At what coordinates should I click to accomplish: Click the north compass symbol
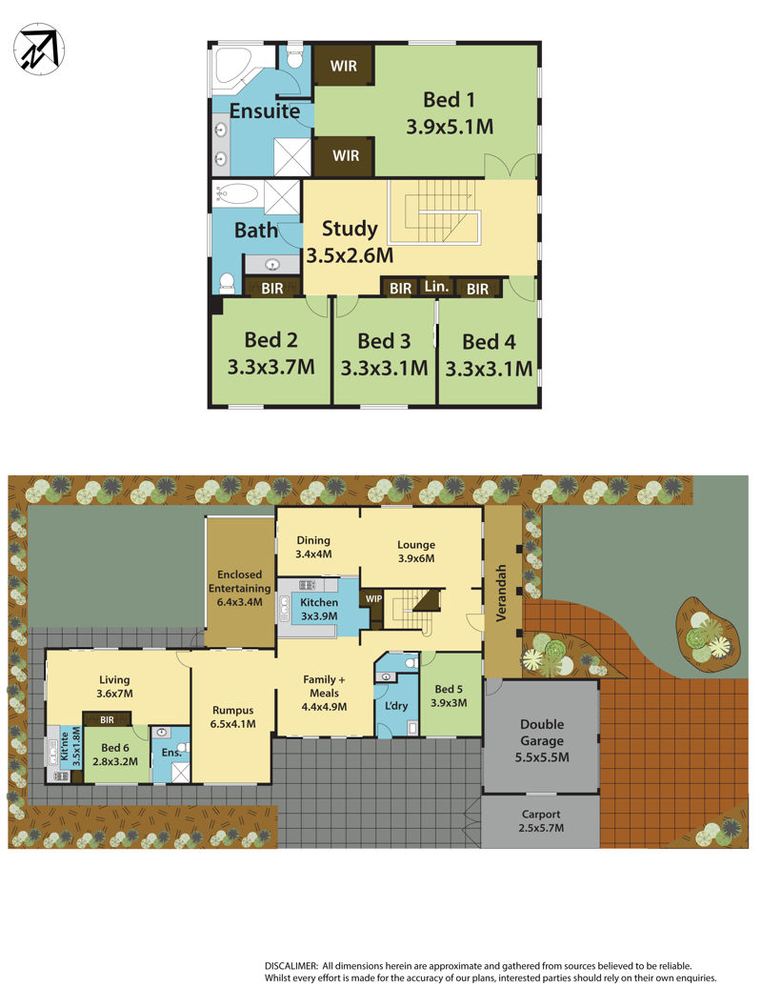(39, 48)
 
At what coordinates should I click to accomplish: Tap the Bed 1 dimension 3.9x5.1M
(450, 127)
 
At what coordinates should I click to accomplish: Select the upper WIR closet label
(344, 66)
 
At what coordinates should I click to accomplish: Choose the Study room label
(350, 229)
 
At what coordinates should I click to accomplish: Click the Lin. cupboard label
(436, 287)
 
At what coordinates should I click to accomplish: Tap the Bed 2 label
(271, 340)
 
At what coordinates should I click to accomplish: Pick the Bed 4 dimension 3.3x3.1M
(489, 369)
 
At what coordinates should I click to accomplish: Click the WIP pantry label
(373, 598)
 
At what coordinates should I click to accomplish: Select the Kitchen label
(319, 602)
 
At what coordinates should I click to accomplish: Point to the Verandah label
(502, 593)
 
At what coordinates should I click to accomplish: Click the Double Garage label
(542, 732)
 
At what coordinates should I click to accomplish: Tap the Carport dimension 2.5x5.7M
(541, 828)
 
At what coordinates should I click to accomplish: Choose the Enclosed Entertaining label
(240, 581)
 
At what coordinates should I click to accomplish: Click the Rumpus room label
(232, 710)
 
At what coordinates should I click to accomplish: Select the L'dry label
(396, 706)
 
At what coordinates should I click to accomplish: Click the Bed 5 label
(449, 689)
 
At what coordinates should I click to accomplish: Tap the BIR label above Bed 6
(107, 719)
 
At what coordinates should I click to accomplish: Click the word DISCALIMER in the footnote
(291, 966)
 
